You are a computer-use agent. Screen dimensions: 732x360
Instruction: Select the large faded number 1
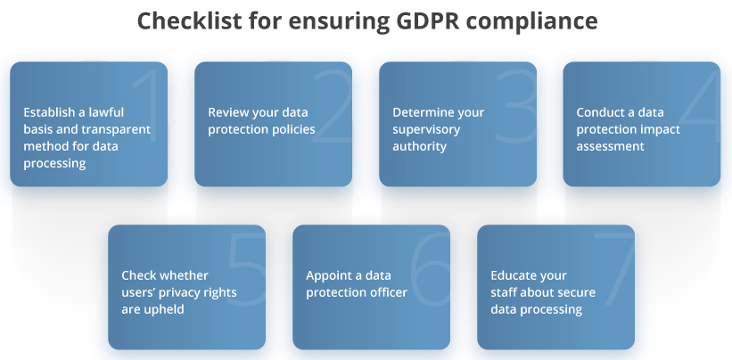coord(149,106)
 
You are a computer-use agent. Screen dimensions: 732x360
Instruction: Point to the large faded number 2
coord(333,106)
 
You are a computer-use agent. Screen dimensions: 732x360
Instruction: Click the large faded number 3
coord(516,106)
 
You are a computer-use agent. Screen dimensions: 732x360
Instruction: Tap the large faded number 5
coord(246,269)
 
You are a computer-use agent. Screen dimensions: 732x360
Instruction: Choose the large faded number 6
coord(430,269)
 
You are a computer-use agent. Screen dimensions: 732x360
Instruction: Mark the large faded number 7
coord(614,269)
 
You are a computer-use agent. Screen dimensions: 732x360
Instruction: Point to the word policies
coord(289,129)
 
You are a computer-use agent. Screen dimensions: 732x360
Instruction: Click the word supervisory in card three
coord(426,129)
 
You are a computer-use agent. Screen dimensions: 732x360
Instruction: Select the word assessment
coord(610,146)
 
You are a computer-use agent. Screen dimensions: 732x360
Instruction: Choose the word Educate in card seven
coord(512,275)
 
